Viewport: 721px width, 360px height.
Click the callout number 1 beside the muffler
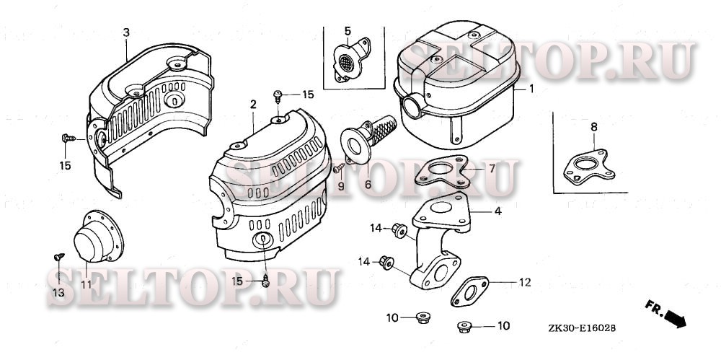pos(531,89)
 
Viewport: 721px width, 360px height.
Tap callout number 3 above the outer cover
pos(126,32)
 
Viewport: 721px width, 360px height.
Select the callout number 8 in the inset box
pos(593,126)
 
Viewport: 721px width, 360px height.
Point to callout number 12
pos(525,282)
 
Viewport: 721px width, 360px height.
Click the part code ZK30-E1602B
pos(582,328)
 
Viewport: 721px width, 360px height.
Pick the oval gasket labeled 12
pos(469,292)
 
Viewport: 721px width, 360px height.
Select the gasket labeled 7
pos(441,171)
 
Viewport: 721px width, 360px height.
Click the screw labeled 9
pos(340,167)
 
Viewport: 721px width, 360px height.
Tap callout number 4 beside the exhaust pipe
pos(498,211)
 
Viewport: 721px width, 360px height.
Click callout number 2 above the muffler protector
pos(253,105)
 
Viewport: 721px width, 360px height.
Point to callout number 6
pos(368,185)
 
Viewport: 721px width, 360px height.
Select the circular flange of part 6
pos(355,146)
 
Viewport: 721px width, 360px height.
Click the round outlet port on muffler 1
pos(412,106)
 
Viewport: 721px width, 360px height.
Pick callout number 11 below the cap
pos(87,284)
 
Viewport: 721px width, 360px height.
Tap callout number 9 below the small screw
pos(341,186)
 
